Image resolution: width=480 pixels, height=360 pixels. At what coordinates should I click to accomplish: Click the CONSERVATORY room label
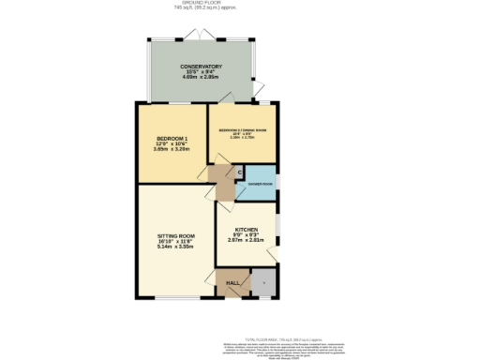[x=202, y=67]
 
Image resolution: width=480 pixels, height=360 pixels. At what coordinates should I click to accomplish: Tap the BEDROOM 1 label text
[x=172, y=140]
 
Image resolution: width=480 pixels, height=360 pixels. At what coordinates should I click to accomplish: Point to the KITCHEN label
[x=247, y=229]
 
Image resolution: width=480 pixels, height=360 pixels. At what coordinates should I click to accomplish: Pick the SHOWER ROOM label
[x=261, y=185]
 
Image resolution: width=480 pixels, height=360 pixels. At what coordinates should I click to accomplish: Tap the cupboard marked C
[x=240, y=172]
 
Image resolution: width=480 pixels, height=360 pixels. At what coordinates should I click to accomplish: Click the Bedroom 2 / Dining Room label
[x=240, y=129]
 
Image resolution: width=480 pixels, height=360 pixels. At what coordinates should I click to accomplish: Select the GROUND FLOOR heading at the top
[x=240, y=4]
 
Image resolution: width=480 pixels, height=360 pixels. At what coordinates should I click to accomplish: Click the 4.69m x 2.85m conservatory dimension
[x=202, y=80]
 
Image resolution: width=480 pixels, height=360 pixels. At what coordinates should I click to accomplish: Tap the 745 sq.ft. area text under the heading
[x=240, y=9]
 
